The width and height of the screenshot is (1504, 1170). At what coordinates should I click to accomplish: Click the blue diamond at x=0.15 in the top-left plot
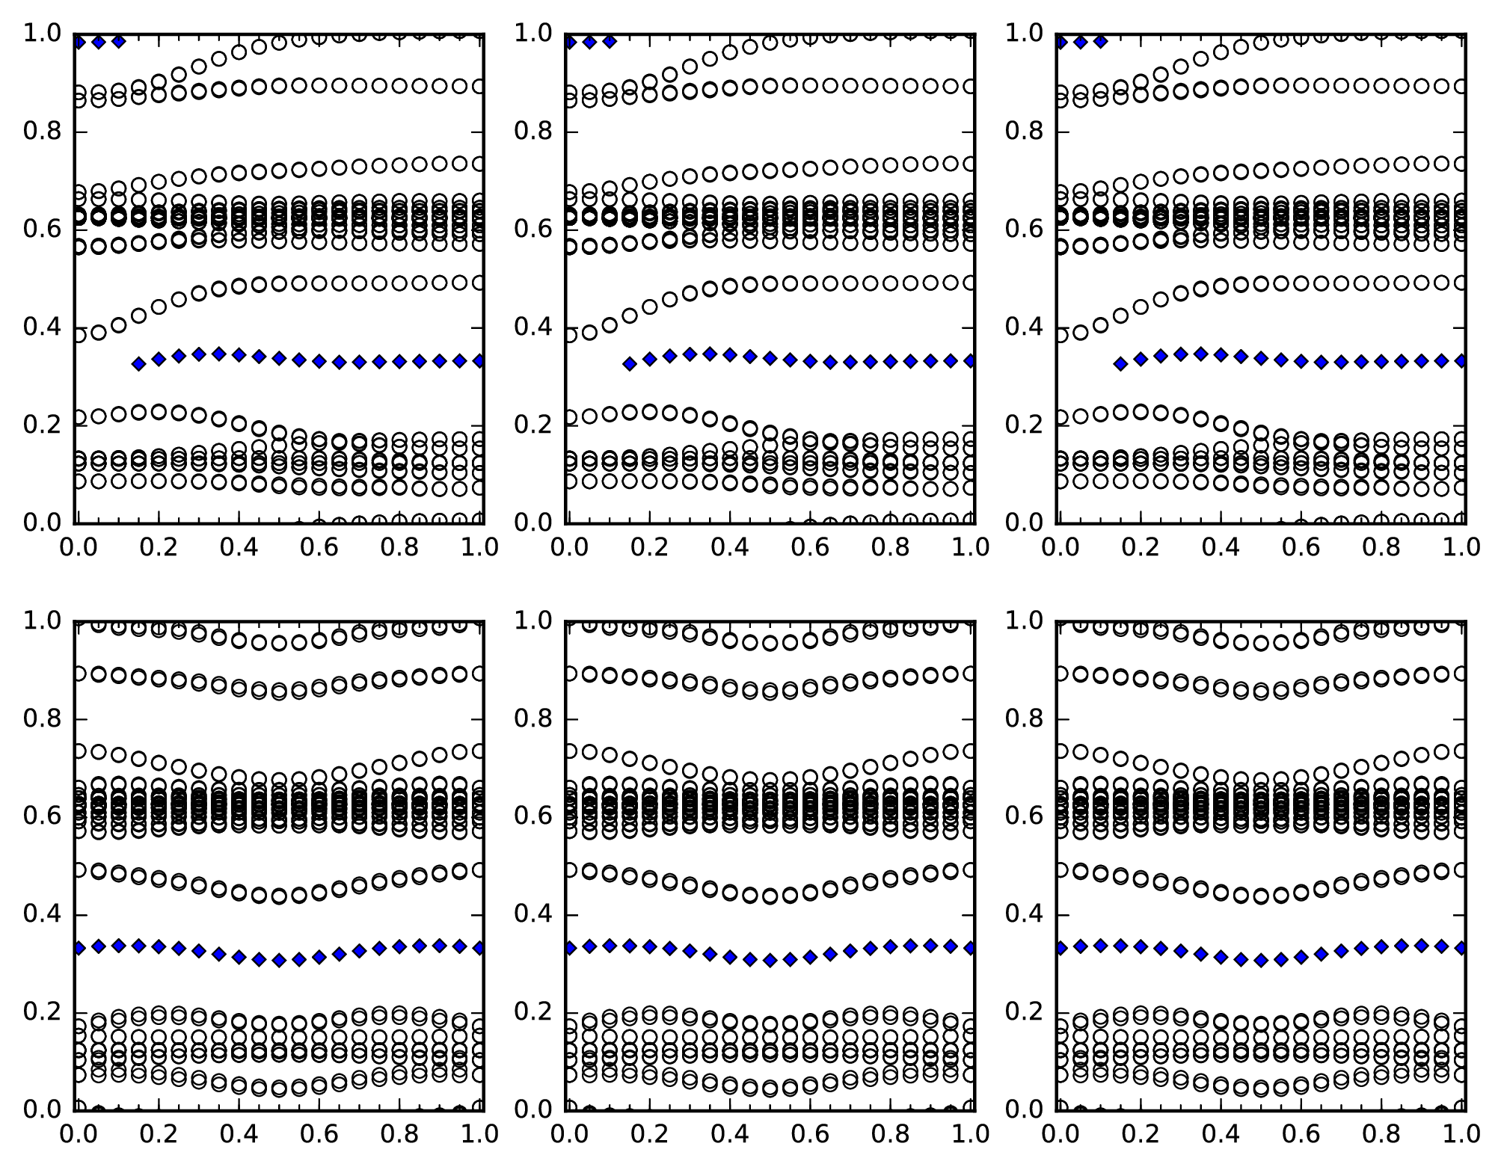138,364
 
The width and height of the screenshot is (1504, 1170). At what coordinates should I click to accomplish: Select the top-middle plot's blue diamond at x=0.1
610,41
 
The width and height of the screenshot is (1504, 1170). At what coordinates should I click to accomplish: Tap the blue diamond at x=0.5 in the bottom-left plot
279,961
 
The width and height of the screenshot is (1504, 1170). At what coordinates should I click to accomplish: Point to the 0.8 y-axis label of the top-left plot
40,132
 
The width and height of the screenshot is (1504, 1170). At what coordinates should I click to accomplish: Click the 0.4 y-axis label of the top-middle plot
531,327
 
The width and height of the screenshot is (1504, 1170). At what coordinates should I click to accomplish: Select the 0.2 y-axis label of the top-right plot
1022,425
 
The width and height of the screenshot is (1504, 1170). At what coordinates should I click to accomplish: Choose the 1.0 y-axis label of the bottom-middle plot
531,621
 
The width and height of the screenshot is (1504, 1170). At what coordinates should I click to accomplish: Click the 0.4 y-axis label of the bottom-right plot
1022,914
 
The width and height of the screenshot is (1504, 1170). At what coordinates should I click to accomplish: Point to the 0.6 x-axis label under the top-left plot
319,548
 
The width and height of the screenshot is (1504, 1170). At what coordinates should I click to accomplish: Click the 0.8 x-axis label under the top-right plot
1382,548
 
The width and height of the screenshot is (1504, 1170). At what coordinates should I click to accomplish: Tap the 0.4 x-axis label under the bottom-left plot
239,1135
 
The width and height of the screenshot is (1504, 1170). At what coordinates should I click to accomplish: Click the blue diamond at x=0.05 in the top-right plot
1080,42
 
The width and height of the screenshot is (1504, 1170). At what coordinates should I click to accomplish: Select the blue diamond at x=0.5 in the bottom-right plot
1261,961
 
